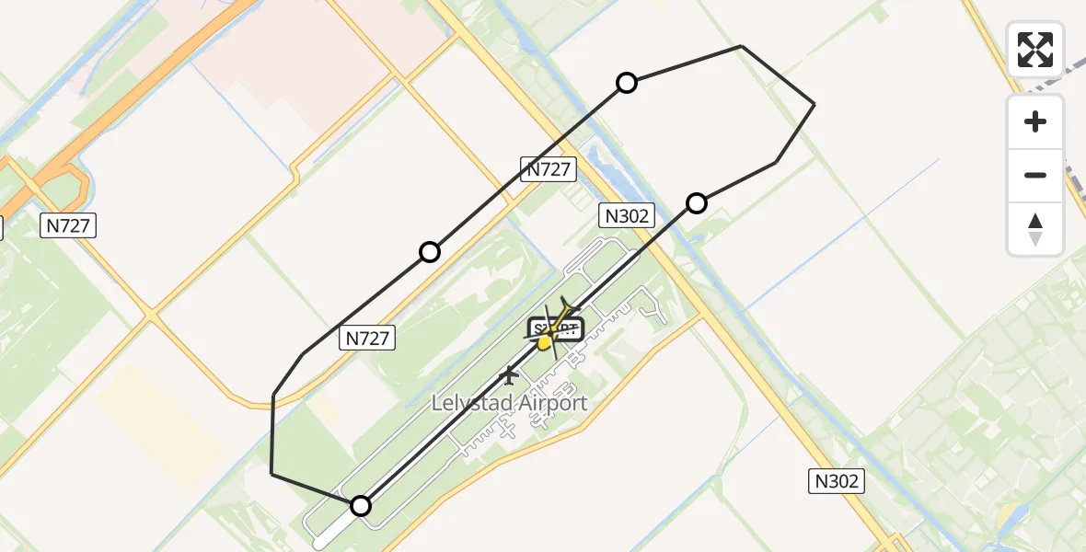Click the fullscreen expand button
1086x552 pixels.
pyautogui.click(x=1035, y=50)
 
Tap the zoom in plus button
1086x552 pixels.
pyautogui.click(x=1035, y=121)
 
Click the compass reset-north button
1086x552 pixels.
pyautogui.click(x=1035, y=229)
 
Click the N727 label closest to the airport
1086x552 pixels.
pyautogui.click(x=368, y=338)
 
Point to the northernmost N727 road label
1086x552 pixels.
pyautogui.click(x=549, y=168)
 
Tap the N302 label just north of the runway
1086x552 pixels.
pyautogui.click(x=627, y=216)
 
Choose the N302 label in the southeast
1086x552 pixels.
pyautogui.click(x=837, y=480)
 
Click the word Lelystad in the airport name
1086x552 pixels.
pyautogui.click(x=470, y=403)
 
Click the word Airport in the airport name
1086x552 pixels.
pyautogui.click(x=550, y=403)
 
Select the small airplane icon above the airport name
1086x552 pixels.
pyautogui.click(x=508, y=374)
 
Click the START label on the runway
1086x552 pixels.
pyautogui.click(x=556, y=328)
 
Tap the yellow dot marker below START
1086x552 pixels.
pyautogui.click(x=544, y=343)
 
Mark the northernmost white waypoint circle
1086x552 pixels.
pyautogui.click(x=627, y=84)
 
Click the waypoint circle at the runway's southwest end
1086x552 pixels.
pyautogui.click(x=361, y=506)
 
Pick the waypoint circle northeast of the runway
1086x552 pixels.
pyautogui.click(x=697, y=203)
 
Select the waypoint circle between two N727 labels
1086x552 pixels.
pyautogui.click(x=430, y=252)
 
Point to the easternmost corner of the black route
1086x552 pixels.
pyautogui.click(x=814, y=105)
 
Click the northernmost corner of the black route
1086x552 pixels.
pyautogui.click(x=742, y=46)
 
